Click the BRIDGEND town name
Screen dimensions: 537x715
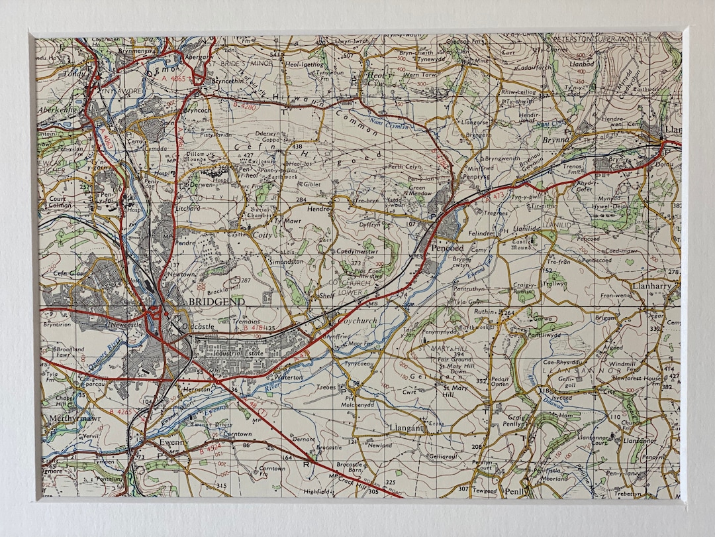[216, 301]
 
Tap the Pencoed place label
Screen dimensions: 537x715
[448, 247]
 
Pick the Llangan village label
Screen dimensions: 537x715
[405, 428]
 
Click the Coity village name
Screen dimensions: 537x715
[261, 233]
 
